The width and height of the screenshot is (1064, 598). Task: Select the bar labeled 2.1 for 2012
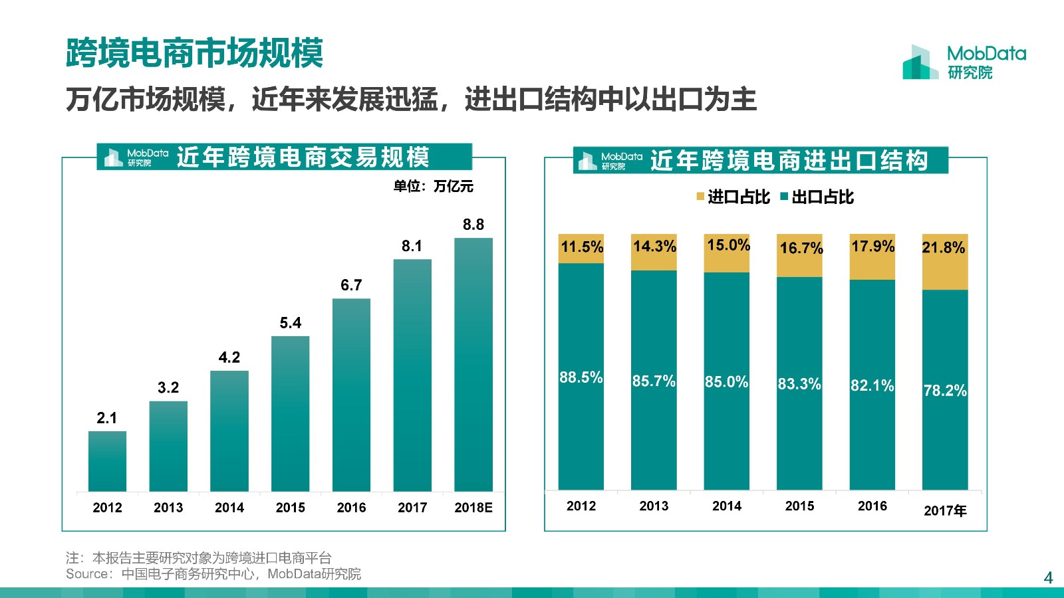(x=107, y=461)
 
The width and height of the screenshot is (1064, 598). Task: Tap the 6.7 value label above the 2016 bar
(x=351, y=285)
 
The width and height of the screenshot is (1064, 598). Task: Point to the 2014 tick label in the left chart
(x=229, y=508)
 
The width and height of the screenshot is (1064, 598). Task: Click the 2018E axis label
(x=473, y=508)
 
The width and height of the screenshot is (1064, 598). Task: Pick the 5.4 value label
(x=291, y=323)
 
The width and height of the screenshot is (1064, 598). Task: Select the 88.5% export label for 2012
(x=581, y=377)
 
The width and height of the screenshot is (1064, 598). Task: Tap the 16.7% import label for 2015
(x=801, y=248)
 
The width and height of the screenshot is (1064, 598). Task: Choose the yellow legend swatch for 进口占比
(x=700, y=197)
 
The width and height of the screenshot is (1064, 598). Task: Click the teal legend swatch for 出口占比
(x=784, y=197)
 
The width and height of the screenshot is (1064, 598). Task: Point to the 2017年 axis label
(x=945, y=510)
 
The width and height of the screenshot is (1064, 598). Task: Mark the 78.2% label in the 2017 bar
(x=945, y=391)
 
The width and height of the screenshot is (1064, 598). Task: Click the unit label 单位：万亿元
(x=433, y=186)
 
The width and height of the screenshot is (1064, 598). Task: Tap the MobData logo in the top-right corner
(x=964, y=62)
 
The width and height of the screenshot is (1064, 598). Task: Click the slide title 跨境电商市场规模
(x=194, y=53)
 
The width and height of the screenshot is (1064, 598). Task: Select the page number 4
(x=1048, y=577)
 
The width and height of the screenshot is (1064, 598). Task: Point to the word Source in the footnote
(x=87, y=574)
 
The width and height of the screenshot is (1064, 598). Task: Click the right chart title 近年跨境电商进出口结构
(x=789, y=161)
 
